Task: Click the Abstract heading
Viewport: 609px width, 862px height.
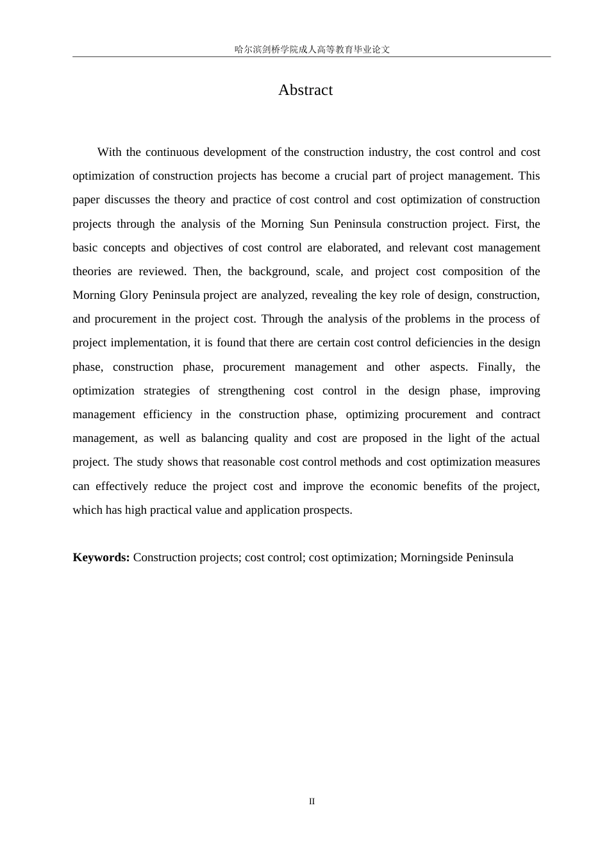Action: (305, 90)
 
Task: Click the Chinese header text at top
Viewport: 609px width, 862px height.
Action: (312, 49)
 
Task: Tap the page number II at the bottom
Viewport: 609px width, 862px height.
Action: (312, 802)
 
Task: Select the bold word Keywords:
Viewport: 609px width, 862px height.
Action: (101, 557)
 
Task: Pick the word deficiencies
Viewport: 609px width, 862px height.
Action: (445, 342)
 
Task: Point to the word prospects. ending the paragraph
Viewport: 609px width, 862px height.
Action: (327, 510)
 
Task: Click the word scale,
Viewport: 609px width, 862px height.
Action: (330, 271)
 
